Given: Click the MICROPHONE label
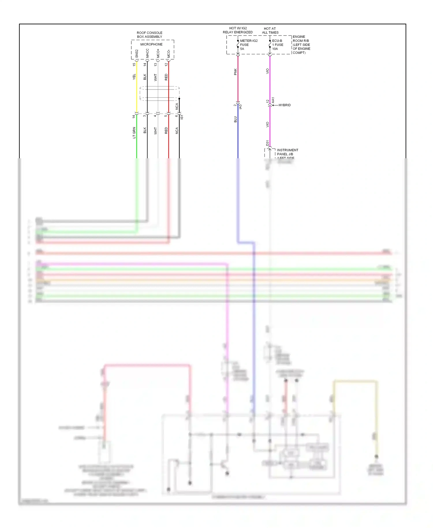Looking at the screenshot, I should click(151, 44).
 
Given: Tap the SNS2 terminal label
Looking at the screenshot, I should click(137, 53).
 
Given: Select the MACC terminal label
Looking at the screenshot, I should click(148, 53).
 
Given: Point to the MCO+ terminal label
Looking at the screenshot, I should click(158, 53).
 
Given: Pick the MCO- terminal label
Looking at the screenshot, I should click(169, 53).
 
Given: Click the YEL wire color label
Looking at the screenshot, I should click(134, 77).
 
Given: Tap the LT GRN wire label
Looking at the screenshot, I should click(134, 133).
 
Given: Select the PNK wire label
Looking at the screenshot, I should click(235, 72).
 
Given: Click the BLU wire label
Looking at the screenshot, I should click(235, 119).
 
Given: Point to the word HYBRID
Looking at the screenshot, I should click(284, 105).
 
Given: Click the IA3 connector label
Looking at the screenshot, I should click(240, 107).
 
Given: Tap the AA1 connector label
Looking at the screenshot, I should click(273, 100).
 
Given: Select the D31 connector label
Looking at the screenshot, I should click(267, 143).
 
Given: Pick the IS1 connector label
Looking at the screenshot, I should click(182, 117).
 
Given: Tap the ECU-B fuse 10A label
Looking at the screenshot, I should click(277, 45).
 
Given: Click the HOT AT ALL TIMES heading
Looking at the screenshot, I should click(270, 31).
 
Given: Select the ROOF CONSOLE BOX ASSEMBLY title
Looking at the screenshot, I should click(150, 35).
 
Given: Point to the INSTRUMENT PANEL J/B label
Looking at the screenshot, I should click(287, 152).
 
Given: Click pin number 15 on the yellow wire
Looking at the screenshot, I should click(134, 65).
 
